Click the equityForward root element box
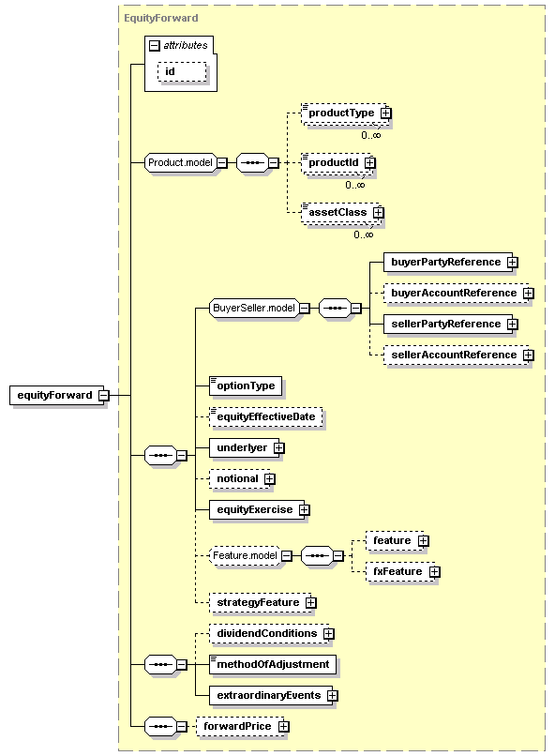[57, 396]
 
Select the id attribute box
[182, 72]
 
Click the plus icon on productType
[386, 113]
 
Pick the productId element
[337, 163]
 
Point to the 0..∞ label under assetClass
[363, 234]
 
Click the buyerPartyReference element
[448, 263]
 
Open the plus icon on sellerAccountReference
[529, 355]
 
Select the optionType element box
[246, 386]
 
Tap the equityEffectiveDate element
[266, 417]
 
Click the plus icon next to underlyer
[279, 448]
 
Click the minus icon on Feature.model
[287, 556]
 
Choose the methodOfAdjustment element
[273, 664]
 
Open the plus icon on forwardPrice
[284, 726]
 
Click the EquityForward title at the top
[161, 19]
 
